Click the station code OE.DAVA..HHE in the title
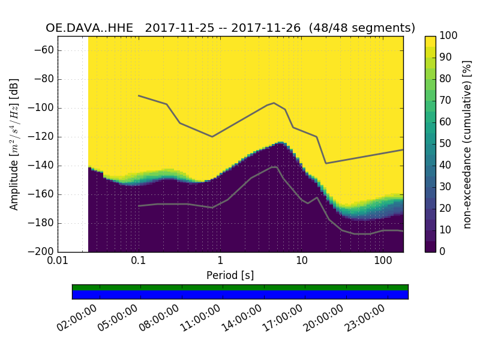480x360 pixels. [92, 28]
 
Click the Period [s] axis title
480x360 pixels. [230, 275]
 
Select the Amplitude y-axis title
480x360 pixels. [14, 144]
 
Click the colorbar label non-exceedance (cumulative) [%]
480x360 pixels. [467, 144]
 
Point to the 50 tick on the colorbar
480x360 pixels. [446, 144]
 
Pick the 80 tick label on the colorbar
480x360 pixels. [446, 79]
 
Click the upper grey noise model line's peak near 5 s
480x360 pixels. [274, 103]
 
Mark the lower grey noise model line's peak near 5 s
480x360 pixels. [275, 167]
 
